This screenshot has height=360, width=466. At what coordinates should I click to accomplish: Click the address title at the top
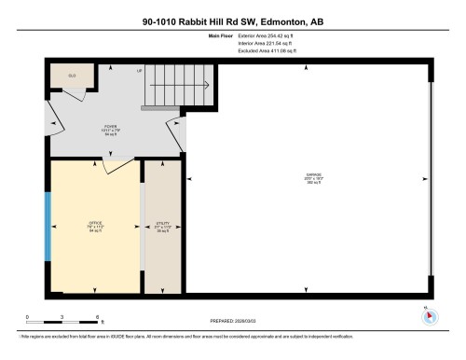[x=233, y=21]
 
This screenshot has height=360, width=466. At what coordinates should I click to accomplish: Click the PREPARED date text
[x=234, y=320]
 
